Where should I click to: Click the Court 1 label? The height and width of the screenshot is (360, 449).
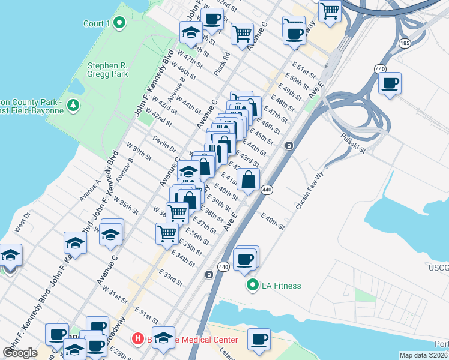click(x=96, y=23)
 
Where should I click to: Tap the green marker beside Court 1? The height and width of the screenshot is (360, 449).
click(x=119, y=23)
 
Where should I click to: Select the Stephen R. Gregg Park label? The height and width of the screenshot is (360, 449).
click(x=108, y=70)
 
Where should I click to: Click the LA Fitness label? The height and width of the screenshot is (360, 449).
click(x=281, y=286)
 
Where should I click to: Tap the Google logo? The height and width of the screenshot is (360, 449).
click(x=20, y=352)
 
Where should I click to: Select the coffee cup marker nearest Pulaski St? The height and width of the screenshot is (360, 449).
click(x=390, y=83)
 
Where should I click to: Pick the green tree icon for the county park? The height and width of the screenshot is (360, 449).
click(x=73, y=106)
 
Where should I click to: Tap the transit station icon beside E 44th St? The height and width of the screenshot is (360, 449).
click(x=289, y=145)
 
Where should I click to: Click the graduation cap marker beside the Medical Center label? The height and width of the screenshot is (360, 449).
click(x=163, y=338)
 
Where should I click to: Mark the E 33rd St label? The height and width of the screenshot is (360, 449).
click(x=170, y=277)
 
